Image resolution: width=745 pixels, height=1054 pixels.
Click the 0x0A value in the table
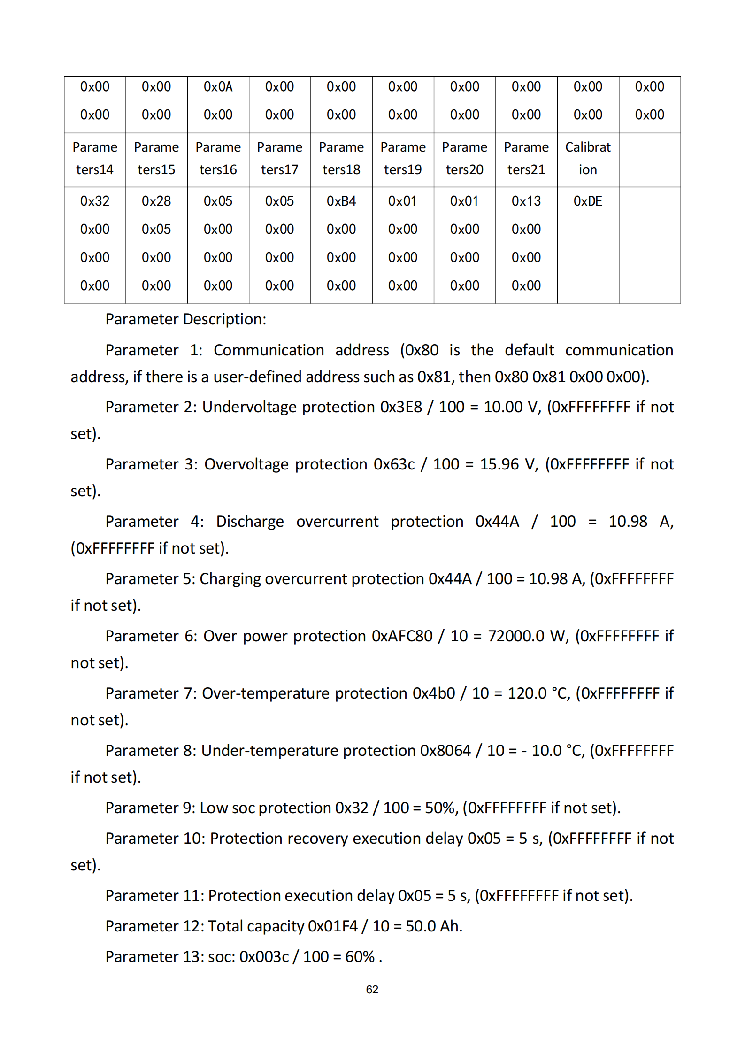218,87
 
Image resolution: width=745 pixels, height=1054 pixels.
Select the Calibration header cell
587,158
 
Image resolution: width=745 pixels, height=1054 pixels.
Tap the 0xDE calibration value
587,201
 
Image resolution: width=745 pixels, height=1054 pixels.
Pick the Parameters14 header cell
95,158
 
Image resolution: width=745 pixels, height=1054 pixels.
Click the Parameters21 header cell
526,158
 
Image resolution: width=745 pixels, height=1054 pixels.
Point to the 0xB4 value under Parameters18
341,201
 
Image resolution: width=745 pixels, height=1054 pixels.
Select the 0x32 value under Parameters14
95,201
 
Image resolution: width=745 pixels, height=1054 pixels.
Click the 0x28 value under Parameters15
156,201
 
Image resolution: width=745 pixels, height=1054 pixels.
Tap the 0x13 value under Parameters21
526,201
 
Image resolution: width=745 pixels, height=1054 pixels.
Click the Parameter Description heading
185,319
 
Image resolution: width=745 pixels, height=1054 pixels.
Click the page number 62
372,990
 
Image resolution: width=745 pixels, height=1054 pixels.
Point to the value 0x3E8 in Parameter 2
401,407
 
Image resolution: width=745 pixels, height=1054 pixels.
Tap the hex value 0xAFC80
402,636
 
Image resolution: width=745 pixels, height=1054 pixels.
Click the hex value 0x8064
445,751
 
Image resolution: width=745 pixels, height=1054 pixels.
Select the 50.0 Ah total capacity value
434,926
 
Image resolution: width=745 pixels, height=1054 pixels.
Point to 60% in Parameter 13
360,957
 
